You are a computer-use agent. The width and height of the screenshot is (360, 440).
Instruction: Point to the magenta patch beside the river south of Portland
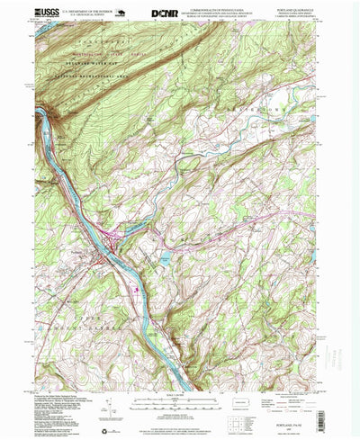pyautogui.click(x=137, y=289)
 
